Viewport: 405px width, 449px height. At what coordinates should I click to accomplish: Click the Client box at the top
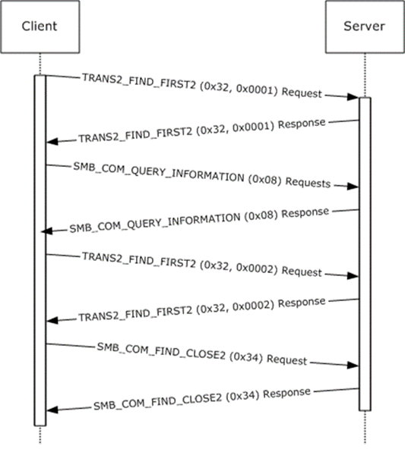click(x=40, y=27)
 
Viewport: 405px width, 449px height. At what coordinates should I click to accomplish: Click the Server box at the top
click(x=365, y=27)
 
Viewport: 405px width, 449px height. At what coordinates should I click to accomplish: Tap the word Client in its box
click(x=40, y=27)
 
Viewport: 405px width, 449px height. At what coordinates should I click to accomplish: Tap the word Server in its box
click(x=364, y=27)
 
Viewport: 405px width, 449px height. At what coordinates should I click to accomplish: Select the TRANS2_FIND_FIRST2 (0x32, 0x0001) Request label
click(x=202, y=86)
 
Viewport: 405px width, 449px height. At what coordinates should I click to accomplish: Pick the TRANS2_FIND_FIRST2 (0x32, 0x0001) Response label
click(x=202, y=130)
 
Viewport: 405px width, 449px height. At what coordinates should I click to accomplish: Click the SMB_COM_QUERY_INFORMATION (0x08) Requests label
click(x=202, y=175)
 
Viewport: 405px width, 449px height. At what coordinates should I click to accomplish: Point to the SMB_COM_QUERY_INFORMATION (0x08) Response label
click(x=199, y=220)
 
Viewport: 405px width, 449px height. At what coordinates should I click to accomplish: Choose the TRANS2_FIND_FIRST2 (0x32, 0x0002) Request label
click(x=202, y=264)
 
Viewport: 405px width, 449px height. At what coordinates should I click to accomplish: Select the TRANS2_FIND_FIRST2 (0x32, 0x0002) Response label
click(x=202, y=309)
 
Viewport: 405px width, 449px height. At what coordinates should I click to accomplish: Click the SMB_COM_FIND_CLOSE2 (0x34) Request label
click(x=202, y=354)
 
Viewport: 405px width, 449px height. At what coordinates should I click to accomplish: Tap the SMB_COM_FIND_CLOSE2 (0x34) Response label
click(x=202, y=399)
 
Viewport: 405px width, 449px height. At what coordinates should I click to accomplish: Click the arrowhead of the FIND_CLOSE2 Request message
click(x=353, y=365)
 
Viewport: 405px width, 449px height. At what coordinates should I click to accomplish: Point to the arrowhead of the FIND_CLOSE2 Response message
click(x=52, y=410)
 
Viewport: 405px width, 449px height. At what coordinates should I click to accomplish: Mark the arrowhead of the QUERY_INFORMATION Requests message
click(x=353, y=187)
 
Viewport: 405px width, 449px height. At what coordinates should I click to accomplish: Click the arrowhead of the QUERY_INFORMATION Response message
click(x=47, y=231)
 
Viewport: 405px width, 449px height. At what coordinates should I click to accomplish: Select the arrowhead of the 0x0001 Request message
click(x=353, y=97)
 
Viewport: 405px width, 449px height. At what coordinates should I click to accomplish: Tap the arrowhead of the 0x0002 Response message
click(x=52, y=320)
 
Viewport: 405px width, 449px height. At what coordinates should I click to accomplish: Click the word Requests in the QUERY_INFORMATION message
click(x=308, y=183)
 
